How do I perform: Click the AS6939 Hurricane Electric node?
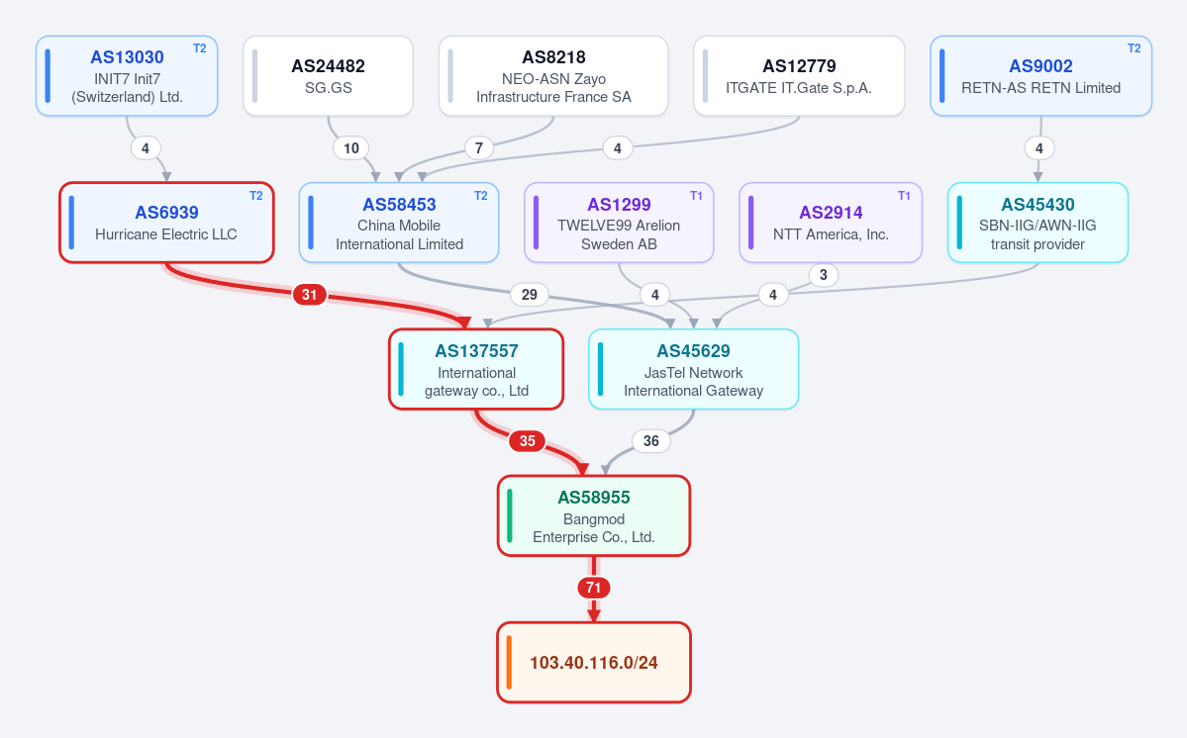tap(166, 223)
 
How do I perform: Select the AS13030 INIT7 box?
tap(127, 75)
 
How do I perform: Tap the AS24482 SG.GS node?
tap(328, 75)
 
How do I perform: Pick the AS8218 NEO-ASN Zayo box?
tap(553, 75)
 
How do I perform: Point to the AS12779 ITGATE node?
tap(799, 75)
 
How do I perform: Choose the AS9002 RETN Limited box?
tap(1040, 75)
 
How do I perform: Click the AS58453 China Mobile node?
tap(399, 223)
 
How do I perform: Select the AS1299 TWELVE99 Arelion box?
tap(619, 223)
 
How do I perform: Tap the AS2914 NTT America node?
tap(831, 223)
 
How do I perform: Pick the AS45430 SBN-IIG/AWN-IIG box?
tap(1038, 223)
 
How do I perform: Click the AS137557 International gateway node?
tap(476, 369)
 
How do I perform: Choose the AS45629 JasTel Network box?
tap(693, 369)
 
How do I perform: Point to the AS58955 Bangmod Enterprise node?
tap(594, 515)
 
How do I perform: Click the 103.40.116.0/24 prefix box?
tap(594, 663)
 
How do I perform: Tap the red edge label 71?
tap(594, 588)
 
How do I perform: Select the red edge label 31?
tap(310, 294)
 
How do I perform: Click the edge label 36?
tap(651, 441)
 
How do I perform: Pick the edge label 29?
tap(530, 294)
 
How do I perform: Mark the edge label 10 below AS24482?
tap(351, 148)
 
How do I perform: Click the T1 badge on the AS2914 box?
tap(904, 196)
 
